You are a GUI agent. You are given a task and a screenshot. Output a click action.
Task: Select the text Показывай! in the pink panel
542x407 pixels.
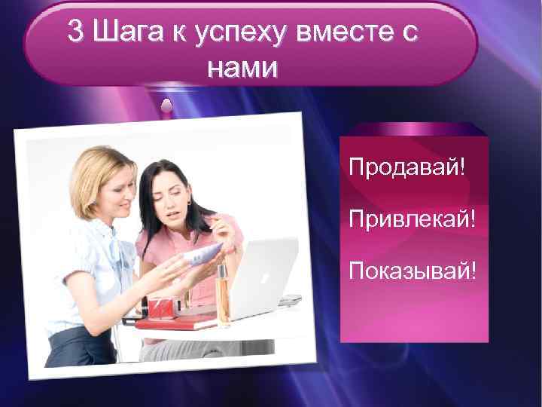(x=413, y=269)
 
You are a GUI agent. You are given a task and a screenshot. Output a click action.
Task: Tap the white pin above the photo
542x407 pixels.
(x=170, y=105)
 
